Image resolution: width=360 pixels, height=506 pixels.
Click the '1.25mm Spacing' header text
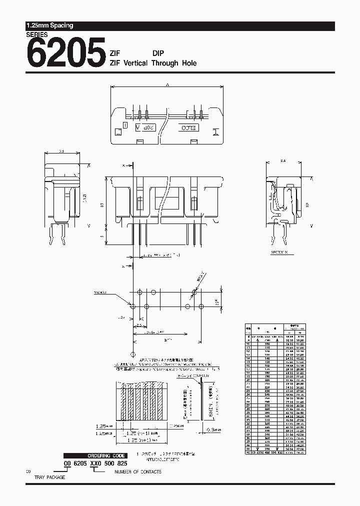pos(49,25)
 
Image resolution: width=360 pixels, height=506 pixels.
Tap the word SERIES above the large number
pos(36,34)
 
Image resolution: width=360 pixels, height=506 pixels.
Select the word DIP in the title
pos(158,53)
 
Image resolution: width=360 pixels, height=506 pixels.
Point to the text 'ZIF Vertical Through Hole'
pos(153,63)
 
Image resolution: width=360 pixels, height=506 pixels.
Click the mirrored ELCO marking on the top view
pos(189,128)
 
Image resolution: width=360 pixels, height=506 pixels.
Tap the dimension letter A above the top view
pos(167,85)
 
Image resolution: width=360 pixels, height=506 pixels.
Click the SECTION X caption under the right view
pos(280,253)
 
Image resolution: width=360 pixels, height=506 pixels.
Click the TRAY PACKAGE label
pos(49,477)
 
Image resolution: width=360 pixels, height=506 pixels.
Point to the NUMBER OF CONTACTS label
pos(138,472)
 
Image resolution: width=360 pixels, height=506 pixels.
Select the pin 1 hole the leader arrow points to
pos(132,306)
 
